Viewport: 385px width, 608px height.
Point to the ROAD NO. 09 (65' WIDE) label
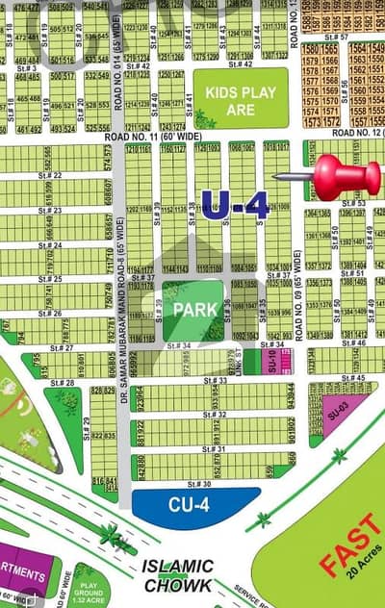(x=296, y=289)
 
